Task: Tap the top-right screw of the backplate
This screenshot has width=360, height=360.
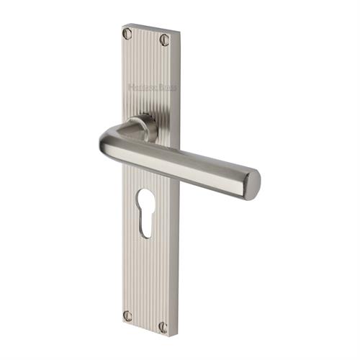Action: click(x=164, y=40)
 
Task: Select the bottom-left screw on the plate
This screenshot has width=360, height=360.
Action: click(x=128, y=315)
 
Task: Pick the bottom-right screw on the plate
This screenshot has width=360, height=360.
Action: click(x=163, y=327)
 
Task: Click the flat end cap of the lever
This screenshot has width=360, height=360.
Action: click(x=251, y=183)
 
